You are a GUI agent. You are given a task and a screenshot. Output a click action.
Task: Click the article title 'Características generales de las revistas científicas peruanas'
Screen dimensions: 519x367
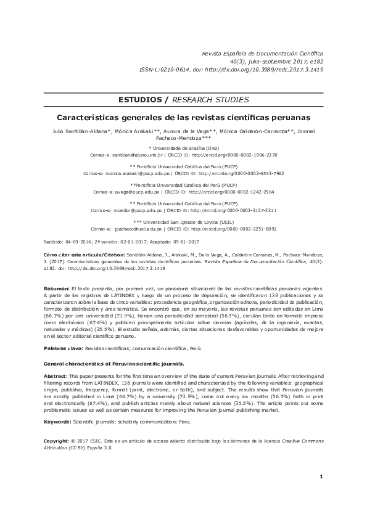tap(183, 116)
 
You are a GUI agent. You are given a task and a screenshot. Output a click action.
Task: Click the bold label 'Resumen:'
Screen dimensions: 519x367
tap(57, 288)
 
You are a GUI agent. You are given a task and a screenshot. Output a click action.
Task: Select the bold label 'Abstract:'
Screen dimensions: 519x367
tap(56, 375)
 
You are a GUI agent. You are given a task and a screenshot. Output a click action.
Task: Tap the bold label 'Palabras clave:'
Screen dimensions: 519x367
tap(63, 349)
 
